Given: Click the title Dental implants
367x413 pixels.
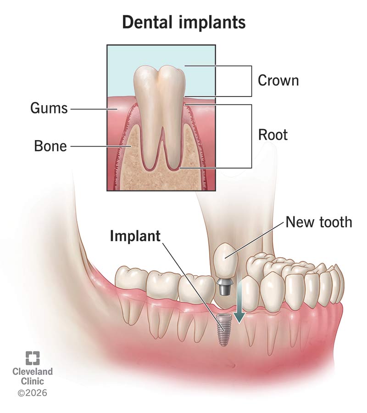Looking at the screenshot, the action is (184, 23).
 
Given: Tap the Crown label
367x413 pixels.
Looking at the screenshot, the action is (278, 80).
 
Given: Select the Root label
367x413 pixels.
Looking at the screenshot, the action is (273, 135).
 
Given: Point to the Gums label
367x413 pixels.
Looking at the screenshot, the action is (49, 108).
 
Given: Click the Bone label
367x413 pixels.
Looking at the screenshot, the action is (50, 146).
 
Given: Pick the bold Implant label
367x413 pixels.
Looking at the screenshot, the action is (135, 236).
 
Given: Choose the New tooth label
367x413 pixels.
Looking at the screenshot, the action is (319, 222).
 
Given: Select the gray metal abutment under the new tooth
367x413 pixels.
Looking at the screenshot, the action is (224, 287).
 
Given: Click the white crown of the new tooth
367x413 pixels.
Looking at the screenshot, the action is (225, 260).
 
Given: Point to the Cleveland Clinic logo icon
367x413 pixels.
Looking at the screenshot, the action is (33, 358).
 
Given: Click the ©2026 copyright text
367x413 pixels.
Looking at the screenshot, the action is (33, 393).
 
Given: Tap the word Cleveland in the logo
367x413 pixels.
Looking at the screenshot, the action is (33, 372).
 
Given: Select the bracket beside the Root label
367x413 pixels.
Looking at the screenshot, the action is (252, 136).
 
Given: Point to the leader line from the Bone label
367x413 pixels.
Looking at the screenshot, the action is (101, 146).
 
